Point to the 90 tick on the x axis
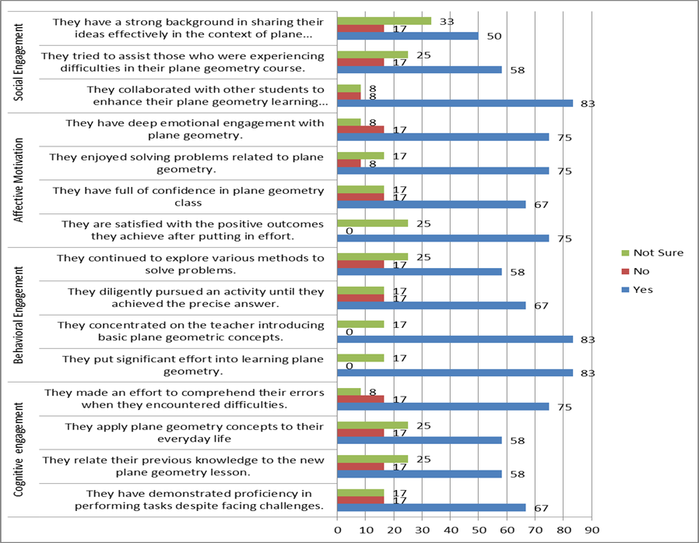click(x=592, y=530)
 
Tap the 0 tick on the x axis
click(x=337, y=530)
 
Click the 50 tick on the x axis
click(x=479, y=530)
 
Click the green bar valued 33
click(x=384, y=21)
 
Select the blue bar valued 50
click(x=408, y=36)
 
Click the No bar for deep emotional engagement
click(x=361, y=129)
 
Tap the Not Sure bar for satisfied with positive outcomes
click(x=372, y=223)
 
